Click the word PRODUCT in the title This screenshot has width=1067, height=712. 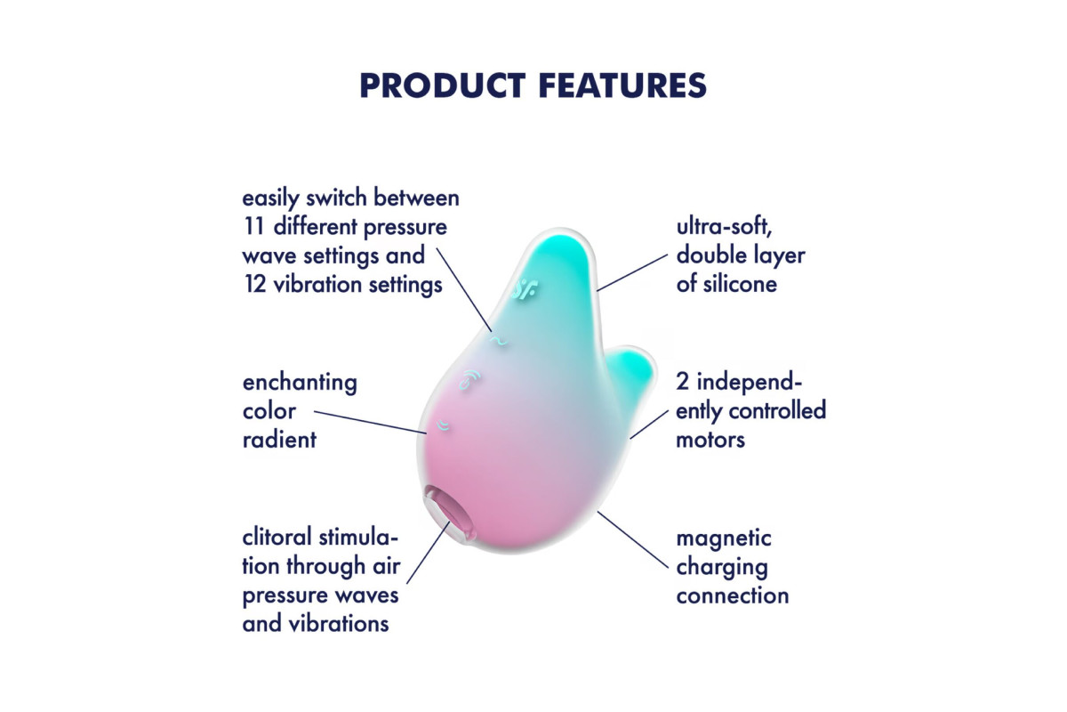coord(443,85)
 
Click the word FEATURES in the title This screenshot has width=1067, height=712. coord(623,85)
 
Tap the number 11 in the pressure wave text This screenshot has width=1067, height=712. coord(253,227)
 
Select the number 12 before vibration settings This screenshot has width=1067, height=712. coord(255,284)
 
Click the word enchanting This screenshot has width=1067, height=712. coord(300,384)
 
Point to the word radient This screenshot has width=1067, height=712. coord(279,440)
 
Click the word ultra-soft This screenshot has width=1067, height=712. coord(724,227)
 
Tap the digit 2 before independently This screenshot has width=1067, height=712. coord(682,382)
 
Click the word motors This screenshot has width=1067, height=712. coord(710,440)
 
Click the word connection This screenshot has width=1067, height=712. coord(733,596)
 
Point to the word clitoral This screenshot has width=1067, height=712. coord(277,538)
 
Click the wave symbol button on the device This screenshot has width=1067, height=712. coord(498,341)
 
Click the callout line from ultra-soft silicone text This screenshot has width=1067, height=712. coord(632,272)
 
